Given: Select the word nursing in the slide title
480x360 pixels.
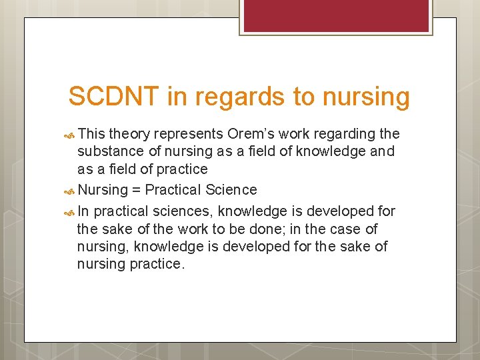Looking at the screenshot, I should click(366, 97).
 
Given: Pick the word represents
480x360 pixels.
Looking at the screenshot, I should click(190, 133).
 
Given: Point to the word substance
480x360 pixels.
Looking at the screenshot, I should click(109, 151).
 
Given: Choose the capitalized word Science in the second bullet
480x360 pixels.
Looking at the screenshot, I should click(231, 190).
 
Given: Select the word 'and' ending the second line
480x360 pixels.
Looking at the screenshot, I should click(382, 151).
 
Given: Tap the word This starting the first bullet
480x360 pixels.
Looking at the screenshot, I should click(91, 133).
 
